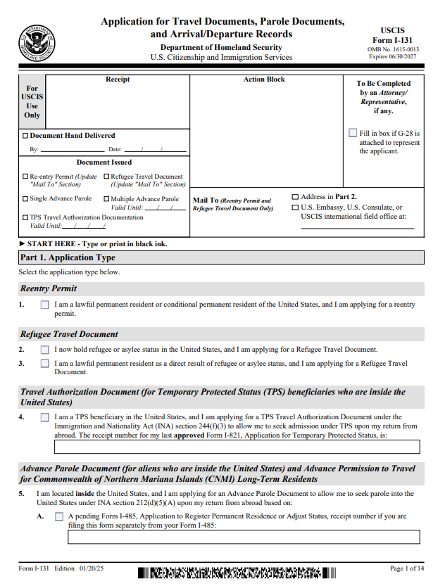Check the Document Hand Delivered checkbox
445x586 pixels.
[x=26, y=136]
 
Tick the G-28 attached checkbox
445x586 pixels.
[x=353, y=132]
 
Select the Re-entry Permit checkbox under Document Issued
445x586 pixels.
[x=25, y=177]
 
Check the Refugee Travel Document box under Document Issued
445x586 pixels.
[x=107, y=177]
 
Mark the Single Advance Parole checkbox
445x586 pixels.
[x=25, y=199]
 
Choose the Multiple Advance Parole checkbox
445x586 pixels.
[x=107, y=199]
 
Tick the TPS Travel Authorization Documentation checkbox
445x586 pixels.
[x=25, y=217]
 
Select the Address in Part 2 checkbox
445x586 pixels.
[x=295, y=197]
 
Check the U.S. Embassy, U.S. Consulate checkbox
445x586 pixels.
[x=295, y=208]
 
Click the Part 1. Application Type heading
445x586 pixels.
[x=68, y=257]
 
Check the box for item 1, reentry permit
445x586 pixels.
[x=45, y=305]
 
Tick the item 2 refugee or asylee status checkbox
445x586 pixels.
[x=45, y=349]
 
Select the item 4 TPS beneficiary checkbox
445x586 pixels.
[x=45, y=417]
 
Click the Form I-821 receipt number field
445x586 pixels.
[x=237, y=447]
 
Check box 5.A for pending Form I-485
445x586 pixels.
[x=59, y=517]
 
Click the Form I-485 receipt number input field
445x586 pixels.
[x=243, y=537]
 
